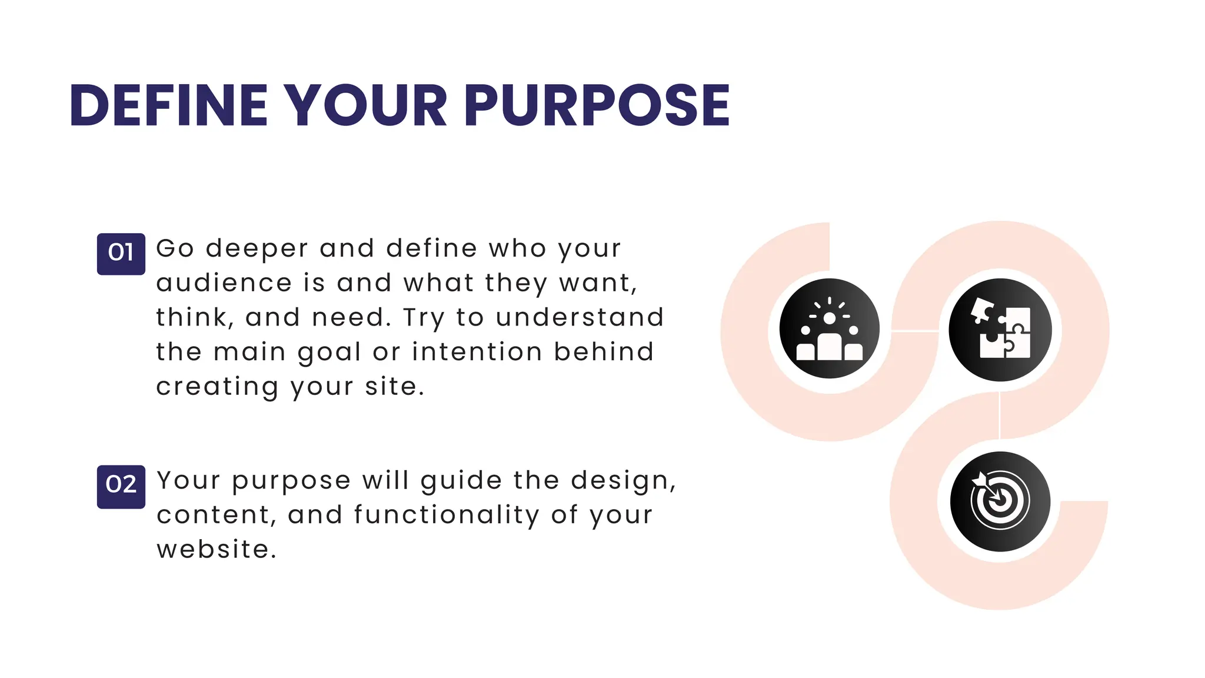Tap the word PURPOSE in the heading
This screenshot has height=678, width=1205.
597,106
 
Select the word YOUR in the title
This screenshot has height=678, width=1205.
365,106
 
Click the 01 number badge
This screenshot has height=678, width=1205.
121,254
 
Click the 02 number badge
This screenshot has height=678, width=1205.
121,486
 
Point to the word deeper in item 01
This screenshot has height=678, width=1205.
257,249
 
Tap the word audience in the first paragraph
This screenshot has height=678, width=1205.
224,283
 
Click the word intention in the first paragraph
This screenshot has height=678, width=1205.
477,352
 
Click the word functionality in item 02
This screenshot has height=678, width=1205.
447,516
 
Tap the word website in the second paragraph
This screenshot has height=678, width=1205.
215,550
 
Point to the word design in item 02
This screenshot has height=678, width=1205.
622,481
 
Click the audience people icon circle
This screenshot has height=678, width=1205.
829,328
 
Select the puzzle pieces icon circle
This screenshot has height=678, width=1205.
1000,330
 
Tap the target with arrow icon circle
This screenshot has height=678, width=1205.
1000,501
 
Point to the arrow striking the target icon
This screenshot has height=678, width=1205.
986,485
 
